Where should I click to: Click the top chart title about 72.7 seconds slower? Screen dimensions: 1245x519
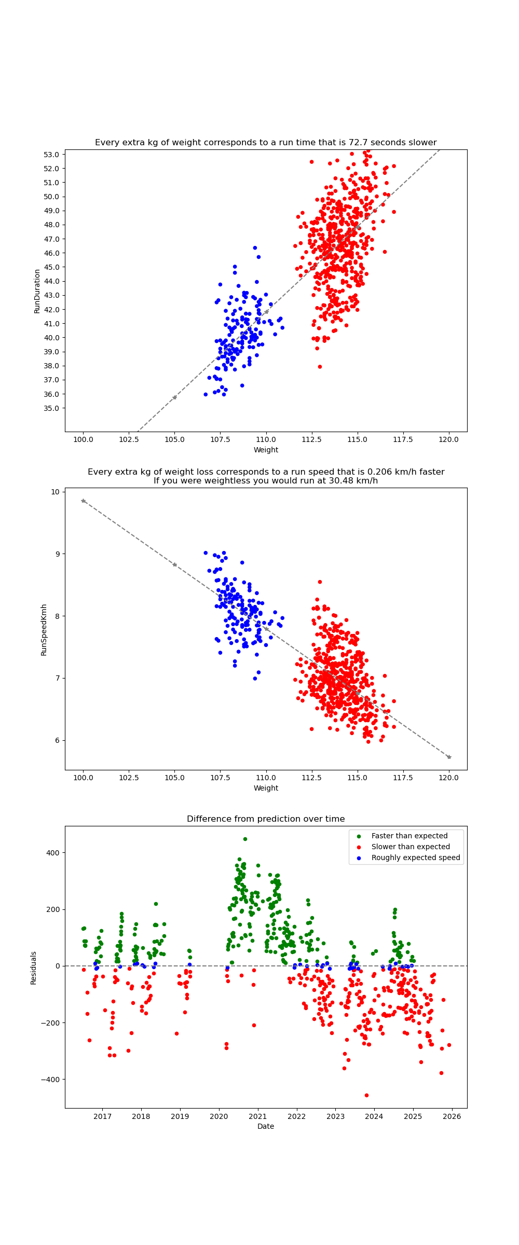coord(266,143)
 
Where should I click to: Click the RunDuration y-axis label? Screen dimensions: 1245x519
coord(37,291)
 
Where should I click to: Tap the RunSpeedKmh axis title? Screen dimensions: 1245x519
coord(44,629)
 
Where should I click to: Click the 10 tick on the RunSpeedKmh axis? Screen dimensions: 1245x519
coord(54,492)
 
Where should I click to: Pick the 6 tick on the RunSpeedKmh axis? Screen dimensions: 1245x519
coord(57,740)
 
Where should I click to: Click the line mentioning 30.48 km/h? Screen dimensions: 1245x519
coord(266,481)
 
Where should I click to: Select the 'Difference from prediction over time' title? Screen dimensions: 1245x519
coord(266,819)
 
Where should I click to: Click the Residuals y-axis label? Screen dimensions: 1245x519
coord(34,967)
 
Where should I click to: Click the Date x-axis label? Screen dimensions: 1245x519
coord(266,1126)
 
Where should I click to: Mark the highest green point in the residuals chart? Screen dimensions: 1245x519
coord(245,839)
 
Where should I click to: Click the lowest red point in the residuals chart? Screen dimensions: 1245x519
coord(366,1095)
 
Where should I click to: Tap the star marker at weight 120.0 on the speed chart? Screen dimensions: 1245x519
coord(449,757)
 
